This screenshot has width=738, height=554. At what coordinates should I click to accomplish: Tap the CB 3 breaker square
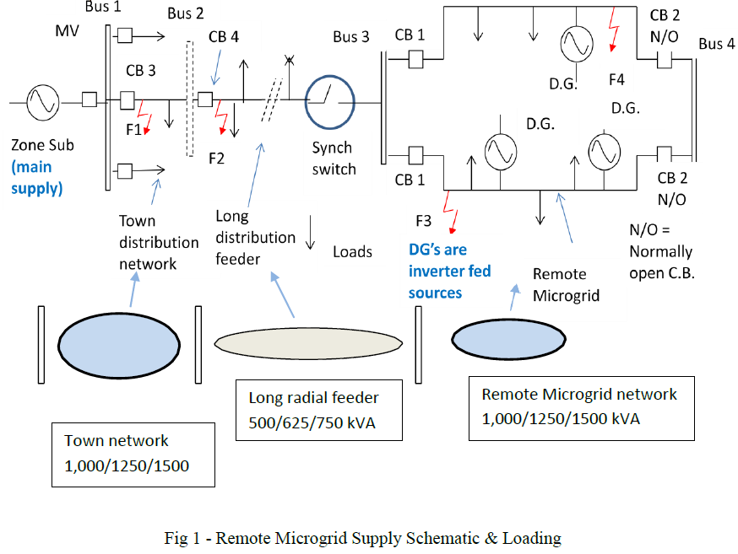pos(128,100)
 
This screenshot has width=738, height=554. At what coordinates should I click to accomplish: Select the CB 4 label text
pos(225,39)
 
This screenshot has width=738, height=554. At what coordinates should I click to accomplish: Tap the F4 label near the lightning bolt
pos(616,80)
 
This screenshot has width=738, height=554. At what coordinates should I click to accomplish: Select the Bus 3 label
pos(350,37)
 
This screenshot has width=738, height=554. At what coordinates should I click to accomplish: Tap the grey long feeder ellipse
pos(309,342)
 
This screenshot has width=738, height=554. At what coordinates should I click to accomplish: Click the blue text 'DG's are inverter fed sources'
pos(450,272)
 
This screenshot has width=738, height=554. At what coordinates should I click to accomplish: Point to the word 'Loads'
pos(352,252)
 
